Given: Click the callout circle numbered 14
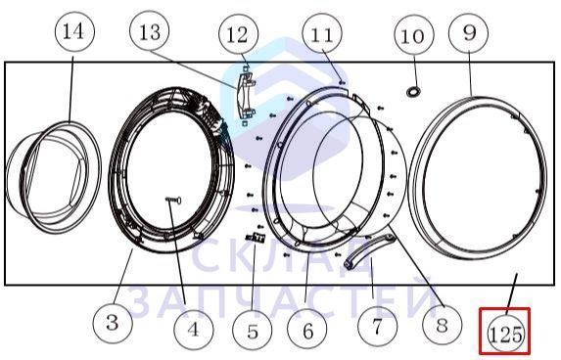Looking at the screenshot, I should (71, 32).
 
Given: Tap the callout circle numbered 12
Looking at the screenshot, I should (238, 35).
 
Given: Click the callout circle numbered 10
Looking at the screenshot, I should (413, 36).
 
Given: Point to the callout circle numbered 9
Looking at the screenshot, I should (469, 32).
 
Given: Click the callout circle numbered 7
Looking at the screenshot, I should (377, 329).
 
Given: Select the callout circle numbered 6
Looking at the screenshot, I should (307, 330).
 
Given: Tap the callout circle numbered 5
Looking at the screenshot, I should (253, 330).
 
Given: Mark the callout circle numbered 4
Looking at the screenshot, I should (193, 330).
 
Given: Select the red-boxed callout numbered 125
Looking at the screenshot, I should (505, 333).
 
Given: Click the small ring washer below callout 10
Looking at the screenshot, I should (413, 90).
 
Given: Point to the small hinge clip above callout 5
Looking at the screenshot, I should (257, 238).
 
